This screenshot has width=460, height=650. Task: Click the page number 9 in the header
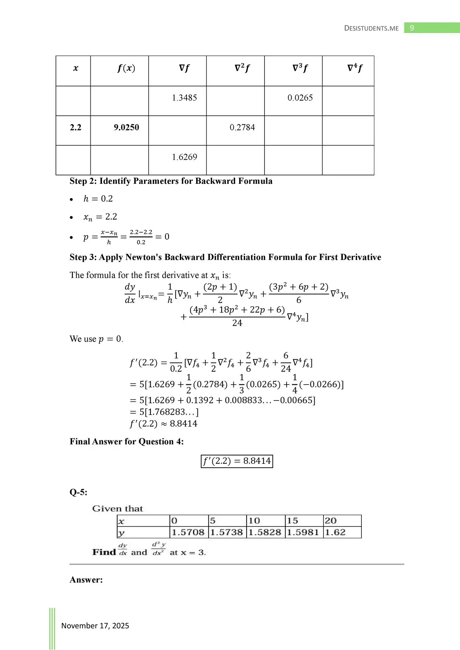412,28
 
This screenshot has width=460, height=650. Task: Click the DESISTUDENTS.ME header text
371,28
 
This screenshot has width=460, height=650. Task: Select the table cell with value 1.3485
184,98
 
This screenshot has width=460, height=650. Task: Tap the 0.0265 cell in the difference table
300,98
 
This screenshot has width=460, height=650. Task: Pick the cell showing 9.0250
126,128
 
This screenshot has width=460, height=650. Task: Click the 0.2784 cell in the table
242,128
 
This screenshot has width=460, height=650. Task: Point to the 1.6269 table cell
184,157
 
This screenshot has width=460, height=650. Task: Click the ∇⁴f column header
355,68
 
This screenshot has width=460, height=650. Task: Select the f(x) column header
126,68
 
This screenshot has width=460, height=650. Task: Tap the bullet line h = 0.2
98,199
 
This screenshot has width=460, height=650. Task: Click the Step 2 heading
171,181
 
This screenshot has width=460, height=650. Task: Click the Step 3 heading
225,257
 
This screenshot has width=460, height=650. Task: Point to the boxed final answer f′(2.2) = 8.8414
237,461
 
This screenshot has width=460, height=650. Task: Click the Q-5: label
78,492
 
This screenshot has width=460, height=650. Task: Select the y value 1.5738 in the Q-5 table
226,533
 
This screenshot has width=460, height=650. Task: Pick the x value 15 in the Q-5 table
292,521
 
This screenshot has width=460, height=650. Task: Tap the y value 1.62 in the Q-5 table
335,533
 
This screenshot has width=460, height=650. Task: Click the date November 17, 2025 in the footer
95,626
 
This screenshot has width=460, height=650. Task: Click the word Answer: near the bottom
86,580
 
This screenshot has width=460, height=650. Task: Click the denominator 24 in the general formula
237,323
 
